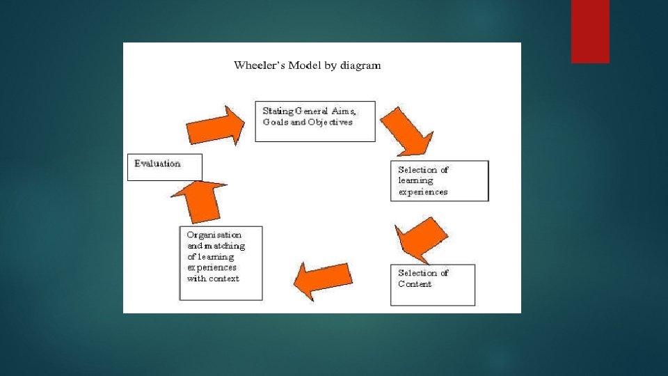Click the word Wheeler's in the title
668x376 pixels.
pyautogui.click(x=256, y=66)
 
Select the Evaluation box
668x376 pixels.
pyautogui.click(x=164, y=167)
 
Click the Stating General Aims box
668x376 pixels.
pyautogui.click(x=315, y=122)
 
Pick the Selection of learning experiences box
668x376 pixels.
pyautogui.click(x=439, y=181)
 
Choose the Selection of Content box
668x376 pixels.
pyautogui.click(x=432, y=285)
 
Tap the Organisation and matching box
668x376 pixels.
pyautogui.click(x=221, y=263)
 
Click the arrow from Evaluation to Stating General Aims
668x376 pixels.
pyautogui.click(x=215, y=126)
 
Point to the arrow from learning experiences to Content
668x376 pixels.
pyautogui.click(x=422, y=237)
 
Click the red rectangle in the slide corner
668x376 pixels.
pyautogui.click(x=590, y=31)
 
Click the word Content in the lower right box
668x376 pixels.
pyautogui.click(x=415, y=284)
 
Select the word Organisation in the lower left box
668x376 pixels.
pyautogui.click(x=214, y=235)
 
